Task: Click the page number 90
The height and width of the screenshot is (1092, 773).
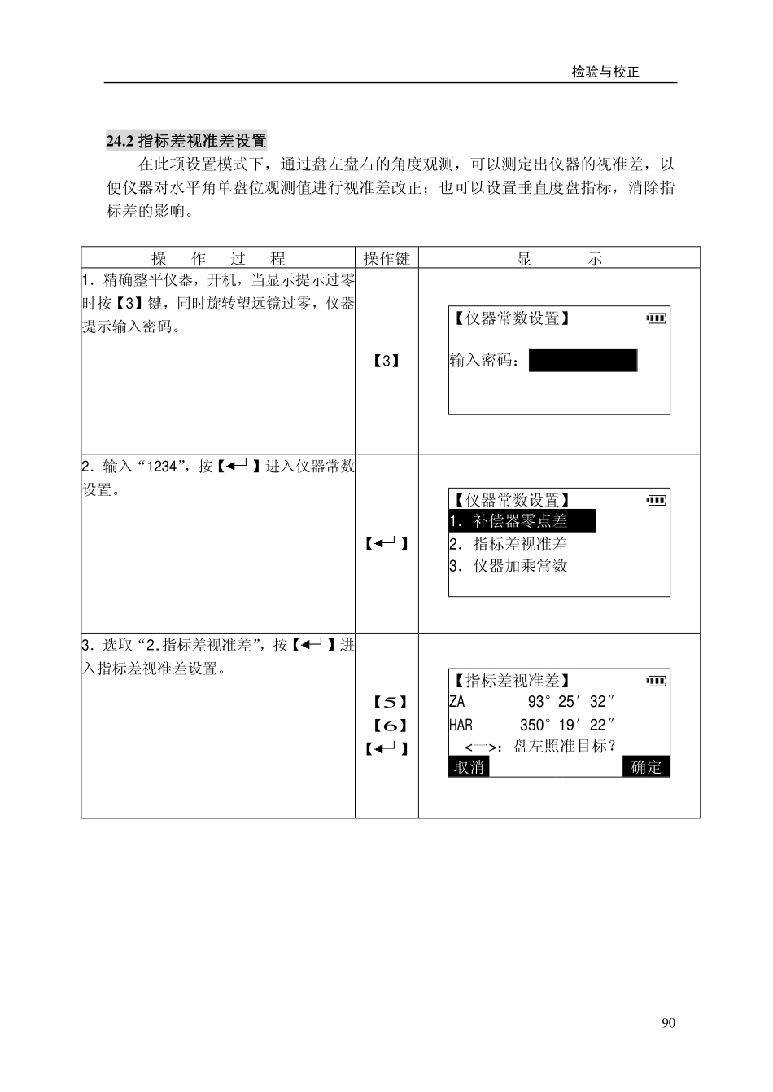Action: tap(668, 1023)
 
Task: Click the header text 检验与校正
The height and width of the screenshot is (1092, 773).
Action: tap(605, 72)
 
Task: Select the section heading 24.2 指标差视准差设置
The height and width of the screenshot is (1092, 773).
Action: tap(186, 141)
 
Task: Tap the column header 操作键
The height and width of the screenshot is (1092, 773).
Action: tap(386, 259)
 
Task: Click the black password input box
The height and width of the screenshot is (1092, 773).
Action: tap(583, 360)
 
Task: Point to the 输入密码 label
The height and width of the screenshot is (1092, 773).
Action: tap(485, 360)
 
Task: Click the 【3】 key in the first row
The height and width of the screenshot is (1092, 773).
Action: tap(386, 360)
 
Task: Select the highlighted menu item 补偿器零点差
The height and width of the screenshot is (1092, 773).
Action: tap(522, 521)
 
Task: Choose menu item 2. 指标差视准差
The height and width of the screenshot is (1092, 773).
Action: tap(509, 544)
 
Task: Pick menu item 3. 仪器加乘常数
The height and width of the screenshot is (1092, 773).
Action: tap(509, 566)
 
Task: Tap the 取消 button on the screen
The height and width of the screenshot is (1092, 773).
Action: tap(469, 767)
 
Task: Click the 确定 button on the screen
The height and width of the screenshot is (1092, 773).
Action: tap(646, 767)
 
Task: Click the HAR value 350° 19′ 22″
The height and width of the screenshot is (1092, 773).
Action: tap(566, 725)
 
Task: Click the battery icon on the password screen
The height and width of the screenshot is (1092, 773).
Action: tap(656, 318)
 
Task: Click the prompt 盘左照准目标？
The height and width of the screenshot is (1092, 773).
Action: tap(564, 746)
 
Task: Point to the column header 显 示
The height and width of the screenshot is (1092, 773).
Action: tap(559, 259)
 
